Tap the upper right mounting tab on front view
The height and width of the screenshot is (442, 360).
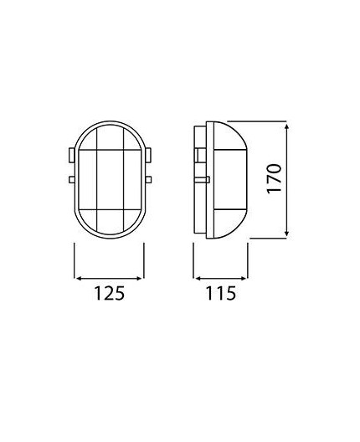(150, 155)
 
